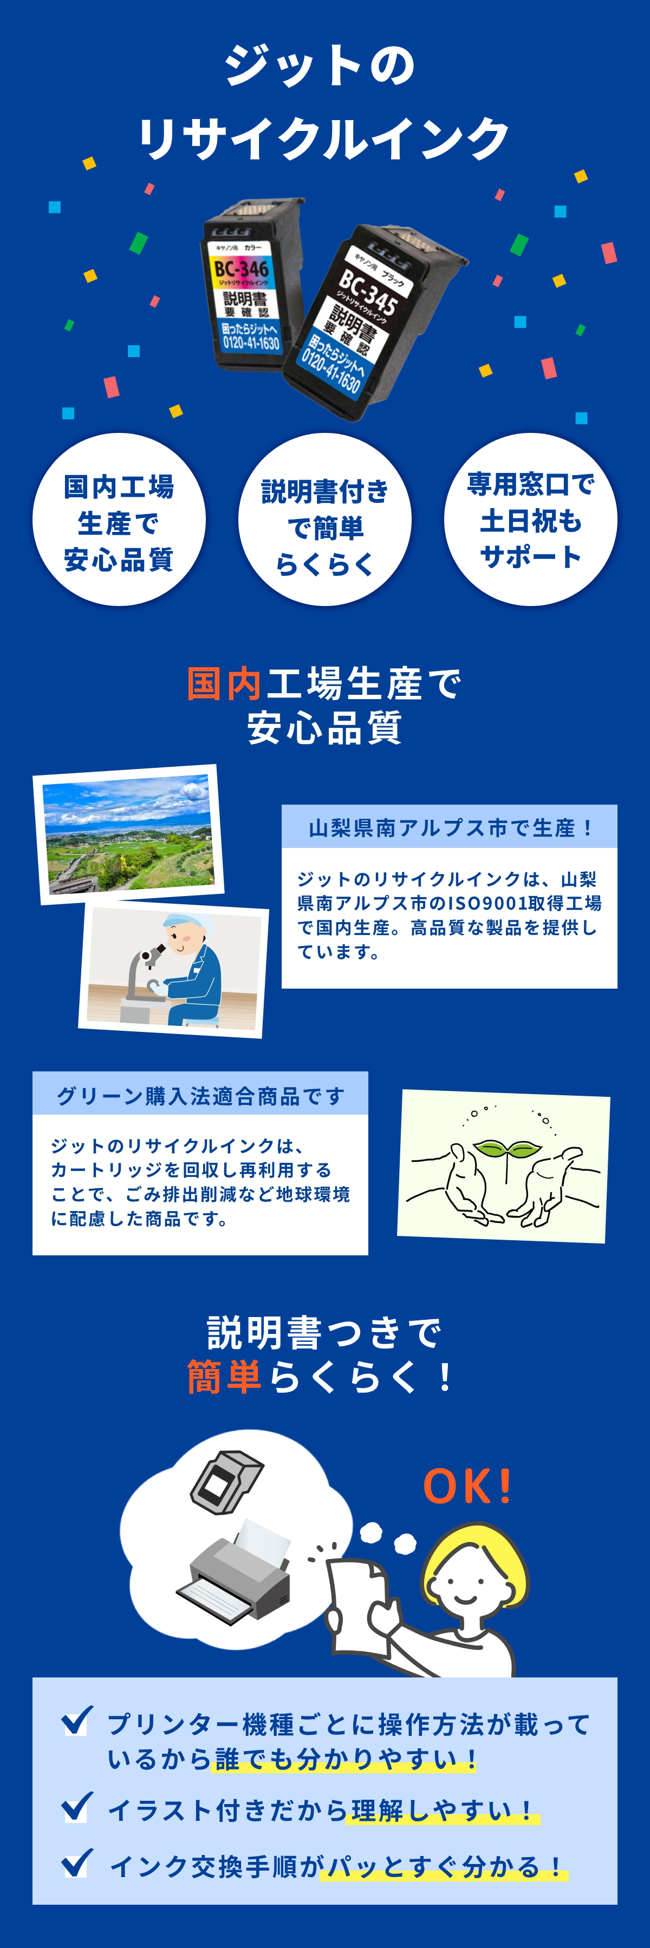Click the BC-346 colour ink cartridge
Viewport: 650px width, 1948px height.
pos(250,286)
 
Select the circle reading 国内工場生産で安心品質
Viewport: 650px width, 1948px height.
pos(119,520)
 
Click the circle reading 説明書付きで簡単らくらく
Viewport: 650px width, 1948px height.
pos(324,520)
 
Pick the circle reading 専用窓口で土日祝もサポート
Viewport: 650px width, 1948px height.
pos(530,520)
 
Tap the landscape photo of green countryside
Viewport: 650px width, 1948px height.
pos(128,834)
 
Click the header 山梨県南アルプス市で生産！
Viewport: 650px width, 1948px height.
pos(450,827)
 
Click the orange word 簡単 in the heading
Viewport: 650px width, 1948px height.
pos(225,1376)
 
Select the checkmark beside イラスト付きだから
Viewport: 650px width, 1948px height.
pos(77,1807)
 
